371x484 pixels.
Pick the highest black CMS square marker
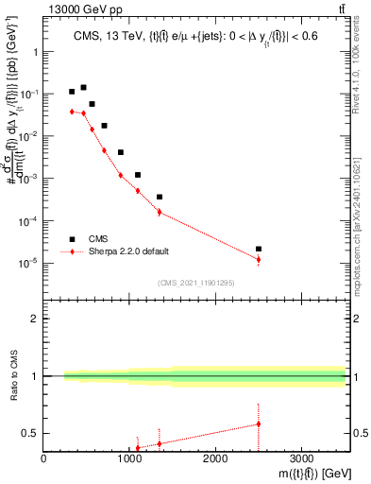(x=83, y=87)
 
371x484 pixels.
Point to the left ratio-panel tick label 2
(x=35, y=320)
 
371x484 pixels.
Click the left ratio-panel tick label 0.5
(x=31, y=434)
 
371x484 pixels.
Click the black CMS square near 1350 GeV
(x=160, y=197)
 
